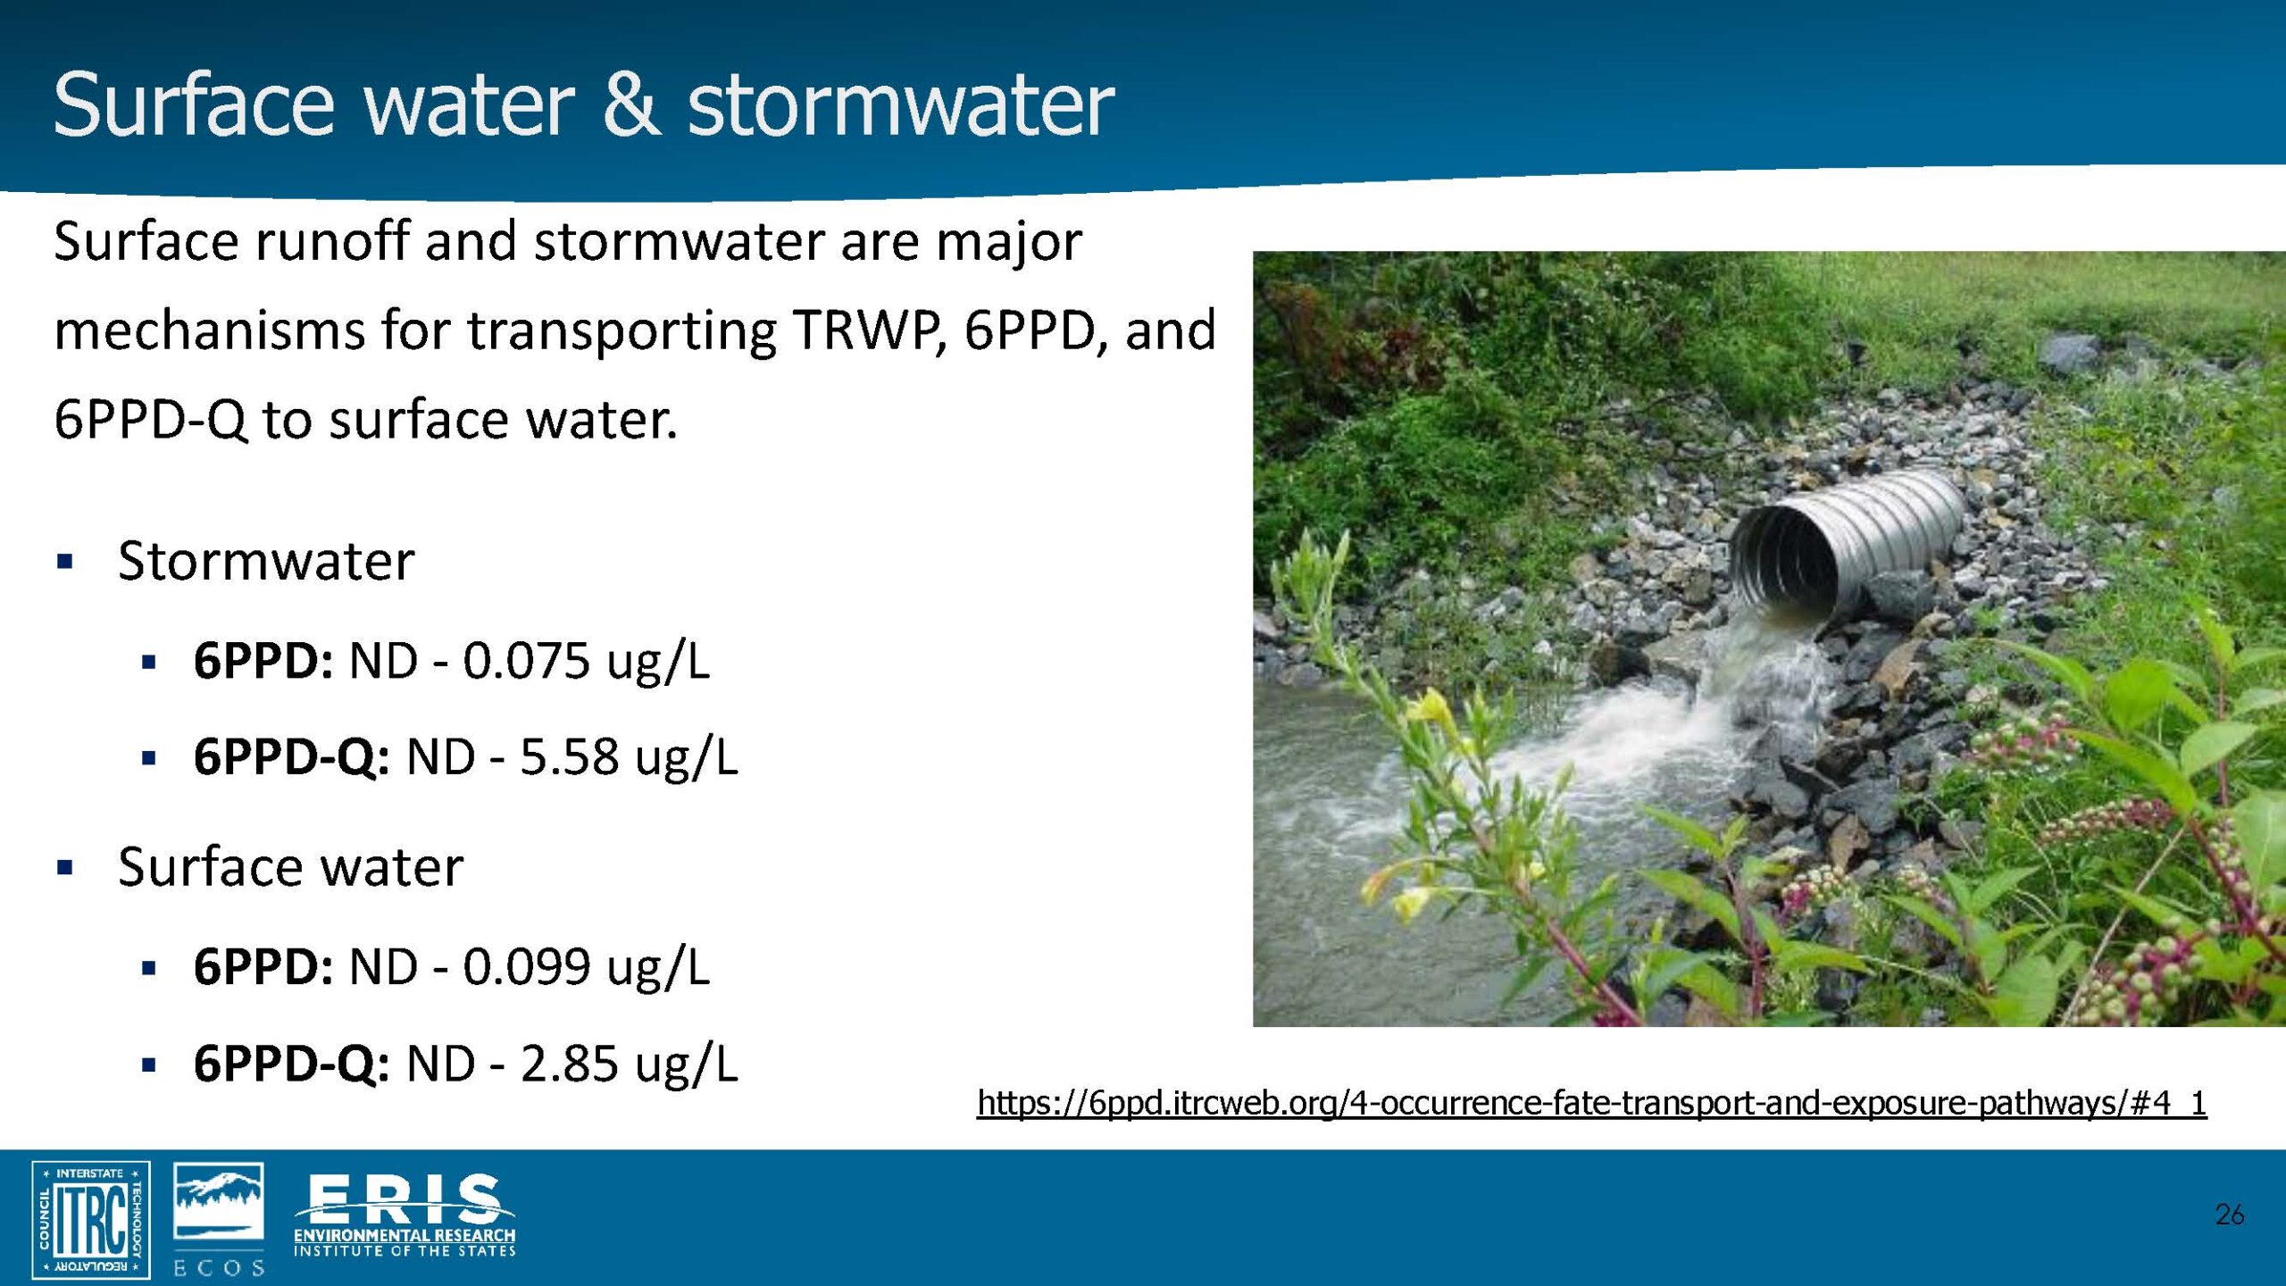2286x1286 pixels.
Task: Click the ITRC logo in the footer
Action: (91, 1219)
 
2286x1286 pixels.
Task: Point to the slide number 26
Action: (2230, 1215)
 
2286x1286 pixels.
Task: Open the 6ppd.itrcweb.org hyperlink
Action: (1592, 1103)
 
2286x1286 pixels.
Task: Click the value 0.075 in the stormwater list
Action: (526, 662)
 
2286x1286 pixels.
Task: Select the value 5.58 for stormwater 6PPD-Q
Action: (569, 757)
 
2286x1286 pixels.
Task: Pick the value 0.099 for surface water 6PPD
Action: (526, 967)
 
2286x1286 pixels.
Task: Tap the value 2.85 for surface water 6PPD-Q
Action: (569, 1064)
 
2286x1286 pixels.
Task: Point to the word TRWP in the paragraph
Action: (866, 330)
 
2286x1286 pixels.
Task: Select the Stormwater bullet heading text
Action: (266, 561)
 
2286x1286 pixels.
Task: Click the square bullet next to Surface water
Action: (64, 867)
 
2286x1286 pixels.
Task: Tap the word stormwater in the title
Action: (900, 105)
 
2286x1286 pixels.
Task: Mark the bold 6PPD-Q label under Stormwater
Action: (291, 757)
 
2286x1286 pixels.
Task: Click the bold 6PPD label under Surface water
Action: (263, 967)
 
